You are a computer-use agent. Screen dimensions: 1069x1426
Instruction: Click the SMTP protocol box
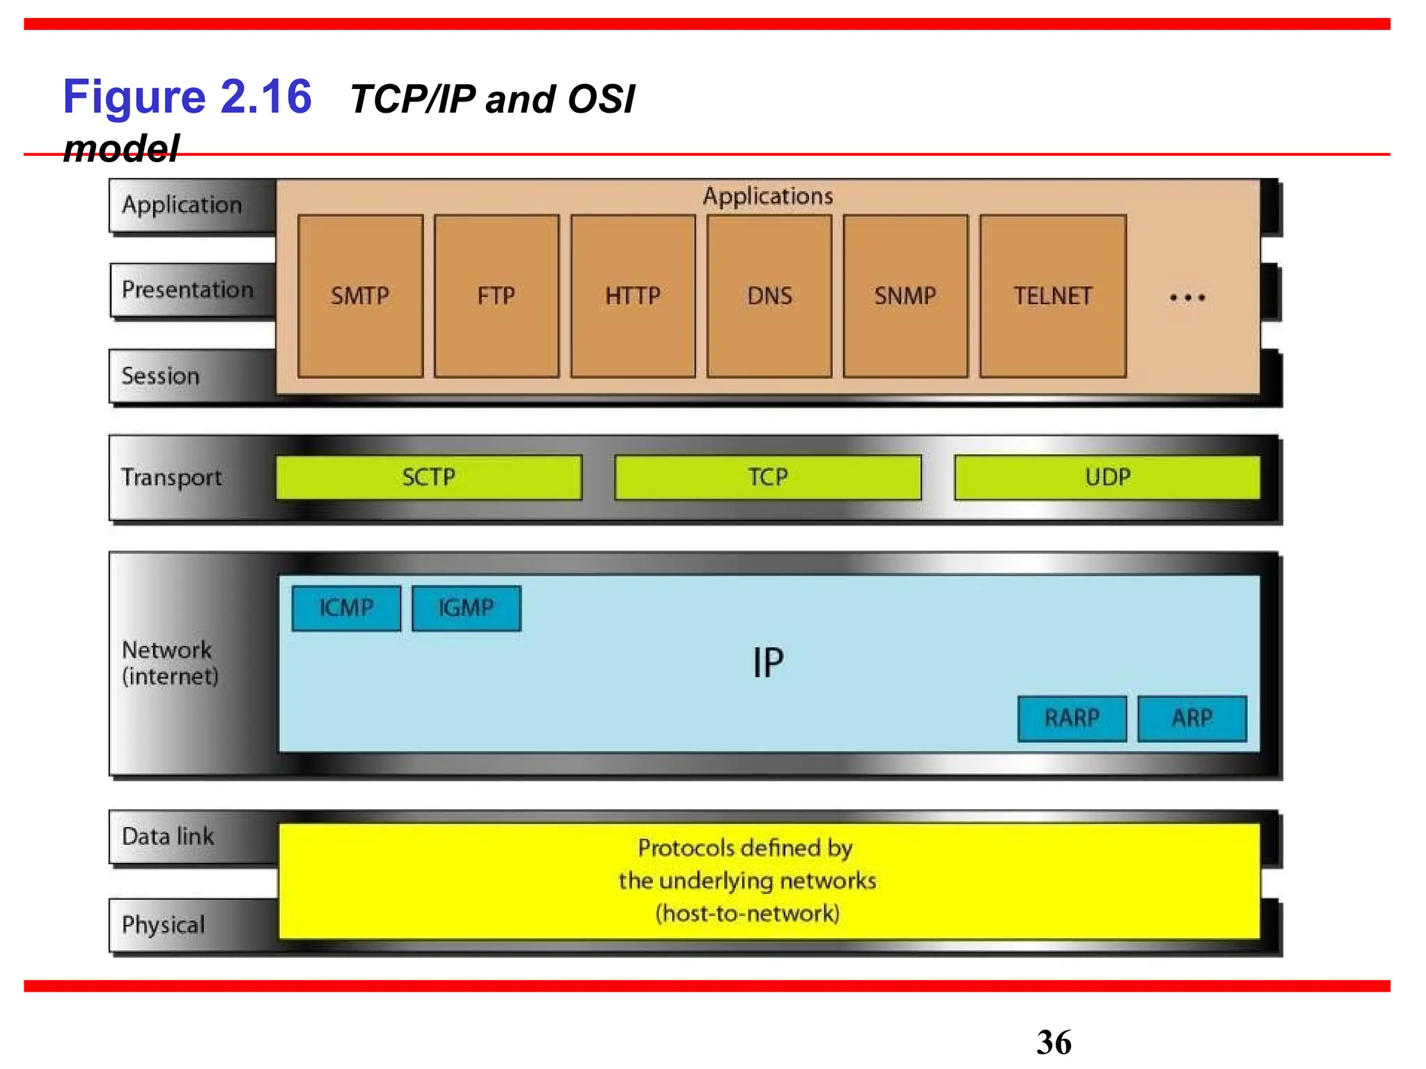(x=360, y=296)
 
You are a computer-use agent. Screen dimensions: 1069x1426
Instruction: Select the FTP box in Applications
(x=496, y=296)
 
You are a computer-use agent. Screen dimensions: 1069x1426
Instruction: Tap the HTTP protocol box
(x=632, y=296)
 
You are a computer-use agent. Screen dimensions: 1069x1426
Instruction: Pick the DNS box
(x=769, y=296)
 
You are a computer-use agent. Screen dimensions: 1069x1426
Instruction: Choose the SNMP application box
(x=905, y=296)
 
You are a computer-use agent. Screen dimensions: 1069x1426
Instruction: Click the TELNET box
(x=1053, y=296)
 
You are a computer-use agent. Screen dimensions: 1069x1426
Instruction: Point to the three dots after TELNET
(x=1187, y=298)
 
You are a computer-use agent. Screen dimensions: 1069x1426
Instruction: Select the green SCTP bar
(x=428, y=477)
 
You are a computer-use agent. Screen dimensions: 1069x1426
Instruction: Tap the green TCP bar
(x=767, y=477)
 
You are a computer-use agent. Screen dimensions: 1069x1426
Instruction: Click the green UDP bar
(x=1107, y=477)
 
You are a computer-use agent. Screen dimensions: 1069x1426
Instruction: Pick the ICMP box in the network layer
(x=346, y=608)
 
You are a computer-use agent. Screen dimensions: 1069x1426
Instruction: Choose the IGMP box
(x=466, y=608)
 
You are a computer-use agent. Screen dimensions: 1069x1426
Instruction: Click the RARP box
(x=1072, y=718)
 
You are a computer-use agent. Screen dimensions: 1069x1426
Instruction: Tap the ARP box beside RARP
(x=1192, y=718)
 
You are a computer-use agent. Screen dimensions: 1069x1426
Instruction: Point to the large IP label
(x=768, y=663)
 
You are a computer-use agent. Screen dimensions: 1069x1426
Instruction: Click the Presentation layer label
(x=187, y=290)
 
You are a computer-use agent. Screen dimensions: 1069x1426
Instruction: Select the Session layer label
(x=161, y=376)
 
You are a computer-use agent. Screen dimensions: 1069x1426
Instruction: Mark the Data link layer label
(x=168, y=836)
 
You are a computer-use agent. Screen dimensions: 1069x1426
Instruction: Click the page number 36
(x=1053, y=1043)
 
